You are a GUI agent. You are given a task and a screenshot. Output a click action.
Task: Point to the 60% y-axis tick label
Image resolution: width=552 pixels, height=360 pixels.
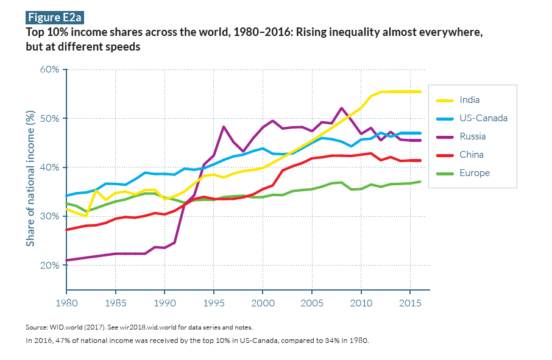[49, 69]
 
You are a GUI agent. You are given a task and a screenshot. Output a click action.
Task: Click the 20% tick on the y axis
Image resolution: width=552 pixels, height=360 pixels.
[49, 266]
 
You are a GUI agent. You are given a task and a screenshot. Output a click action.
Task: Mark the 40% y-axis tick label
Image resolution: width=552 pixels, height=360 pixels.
[49, 168]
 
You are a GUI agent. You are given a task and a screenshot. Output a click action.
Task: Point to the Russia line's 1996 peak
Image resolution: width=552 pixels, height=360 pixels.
[224, 127]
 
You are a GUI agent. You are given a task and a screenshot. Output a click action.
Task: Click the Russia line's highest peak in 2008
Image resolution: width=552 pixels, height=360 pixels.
[341, 108]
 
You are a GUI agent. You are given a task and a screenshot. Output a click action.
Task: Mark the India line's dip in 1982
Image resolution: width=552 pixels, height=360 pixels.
[86, 216]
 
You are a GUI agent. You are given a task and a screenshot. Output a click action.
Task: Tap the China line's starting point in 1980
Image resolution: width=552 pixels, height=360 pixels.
[66, 230]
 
